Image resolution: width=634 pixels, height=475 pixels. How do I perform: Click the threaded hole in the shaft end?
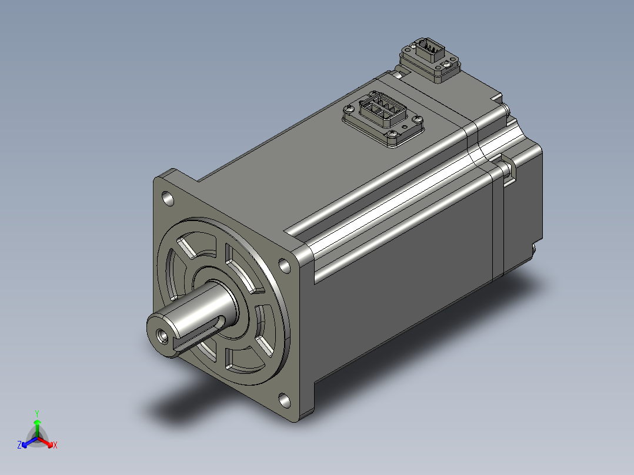(x=163, y=336)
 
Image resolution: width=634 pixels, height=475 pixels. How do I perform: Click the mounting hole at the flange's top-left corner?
(x=168, y=199)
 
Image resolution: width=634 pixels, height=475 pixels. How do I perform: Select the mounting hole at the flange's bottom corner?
(x=285, y=400)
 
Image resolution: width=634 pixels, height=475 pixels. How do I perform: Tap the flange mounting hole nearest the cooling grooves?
(x=285, y=266)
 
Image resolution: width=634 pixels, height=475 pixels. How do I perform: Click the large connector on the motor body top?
(x=382, y=118)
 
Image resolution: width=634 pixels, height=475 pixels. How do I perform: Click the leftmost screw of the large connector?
(x=349, y=109)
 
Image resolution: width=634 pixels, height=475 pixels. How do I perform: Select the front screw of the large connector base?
(x=392, y=135)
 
